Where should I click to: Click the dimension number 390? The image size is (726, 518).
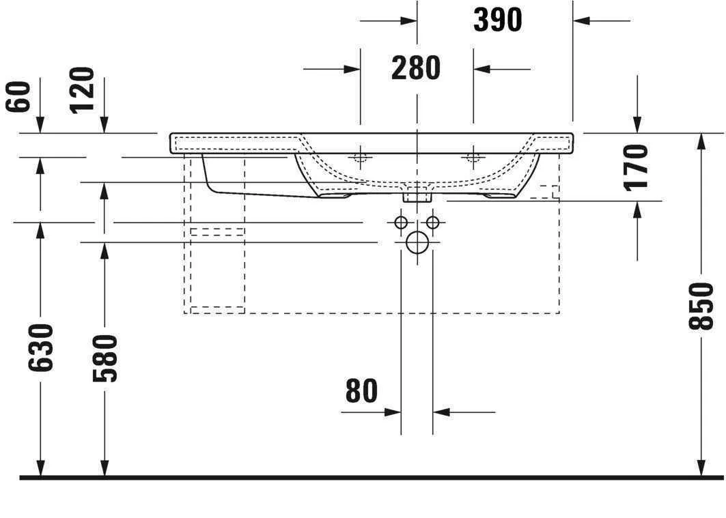click(x=497, y=20)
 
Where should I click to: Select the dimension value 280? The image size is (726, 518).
click(x=416, y=68)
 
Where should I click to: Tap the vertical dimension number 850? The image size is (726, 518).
click(x=701, y=305)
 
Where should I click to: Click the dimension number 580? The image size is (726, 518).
click(x=104, y=358)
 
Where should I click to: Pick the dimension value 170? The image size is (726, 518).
click(x=637, y=167)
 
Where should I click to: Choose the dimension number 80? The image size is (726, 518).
click(x=361, y=391)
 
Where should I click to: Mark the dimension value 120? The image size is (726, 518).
click(x=83, y=90)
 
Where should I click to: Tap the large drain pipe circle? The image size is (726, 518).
click(x=417, y=242)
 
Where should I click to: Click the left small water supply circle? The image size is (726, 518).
click(x=401, y=222)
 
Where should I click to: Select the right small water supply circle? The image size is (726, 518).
click(x=432, y=222)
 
